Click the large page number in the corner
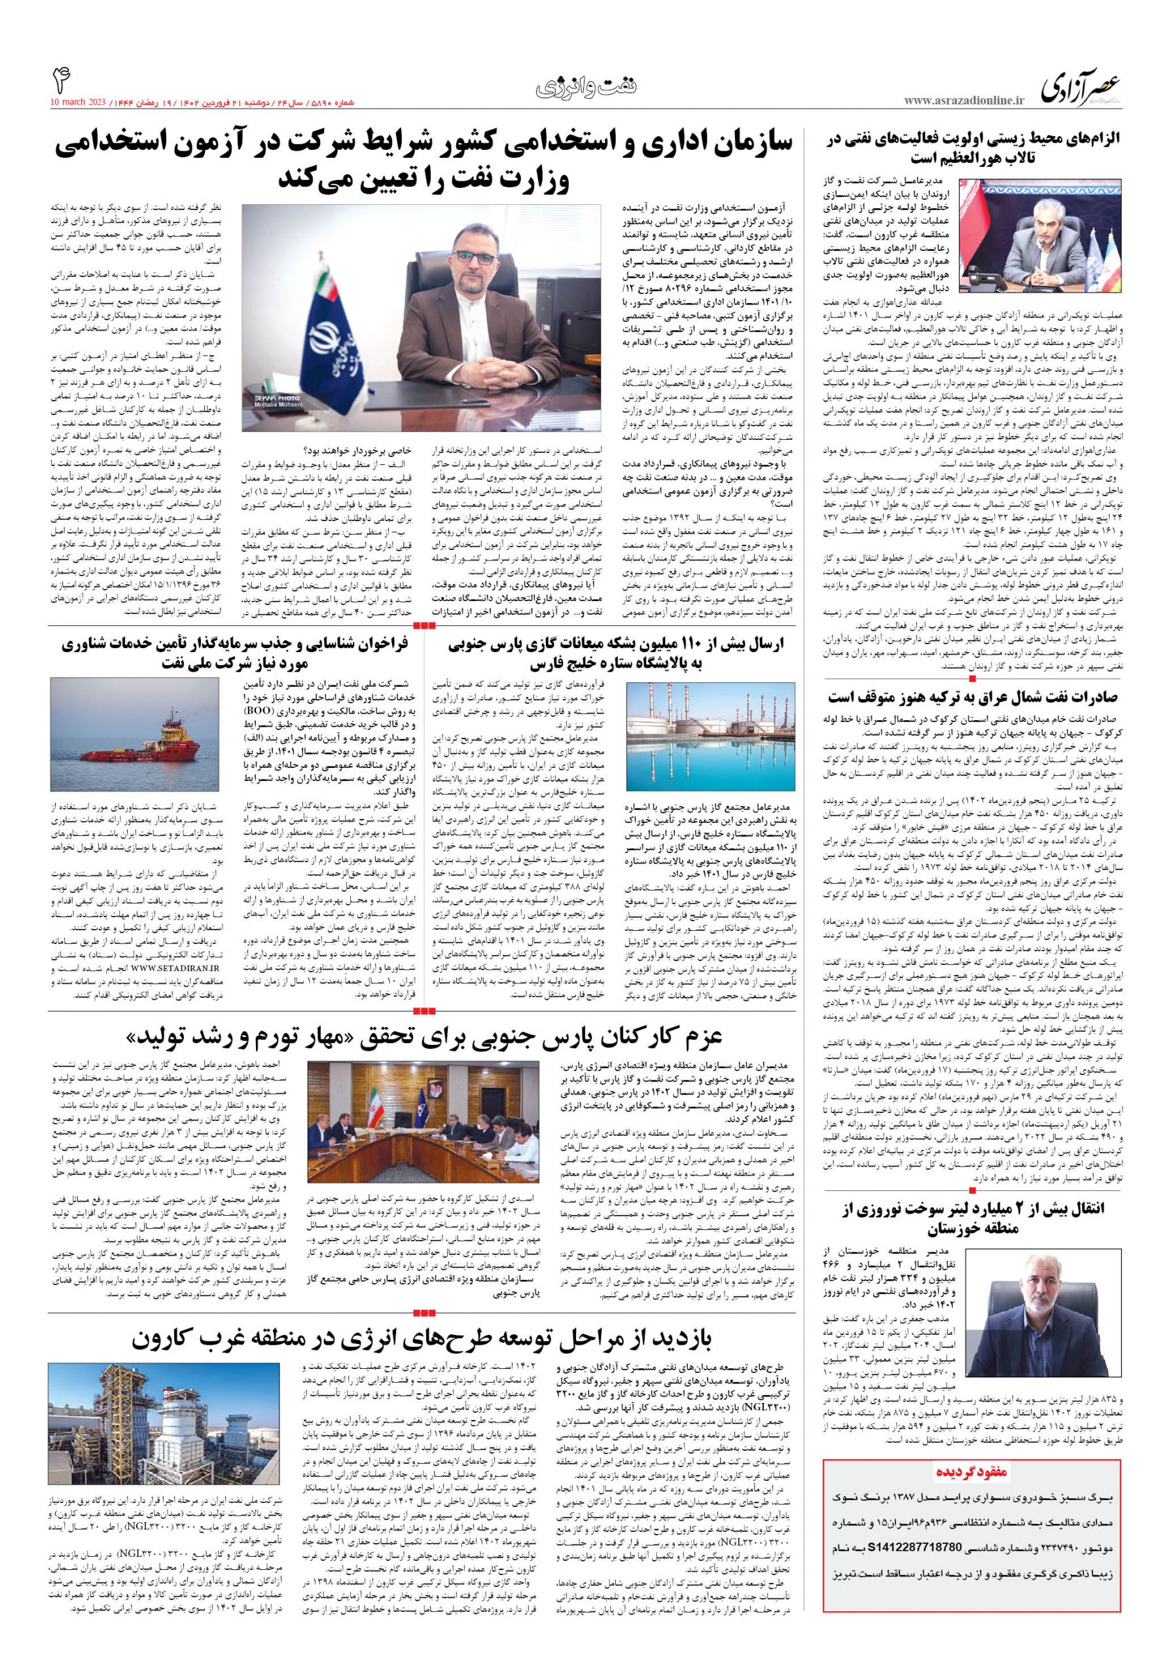pos(62,79)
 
